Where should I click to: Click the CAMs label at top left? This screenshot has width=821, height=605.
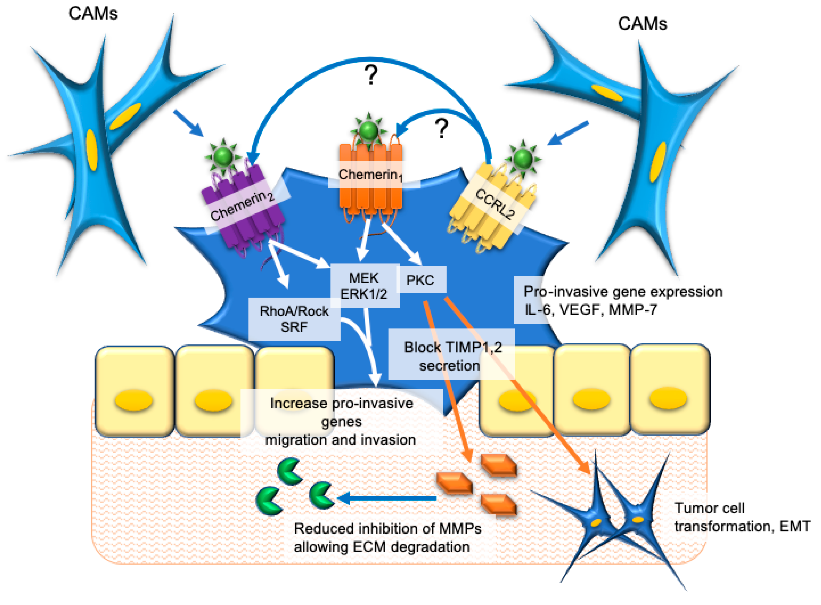93,14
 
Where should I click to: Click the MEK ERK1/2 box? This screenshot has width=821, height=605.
364,286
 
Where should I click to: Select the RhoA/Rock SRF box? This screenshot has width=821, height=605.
294,319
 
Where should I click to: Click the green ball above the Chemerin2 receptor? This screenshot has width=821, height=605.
223,157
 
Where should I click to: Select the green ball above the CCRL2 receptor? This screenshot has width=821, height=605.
523,158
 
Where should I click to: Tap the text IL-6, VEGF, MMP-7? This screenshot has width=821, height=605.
590,310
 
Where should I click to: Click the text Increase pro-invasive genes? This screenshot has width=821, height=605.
341,412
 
